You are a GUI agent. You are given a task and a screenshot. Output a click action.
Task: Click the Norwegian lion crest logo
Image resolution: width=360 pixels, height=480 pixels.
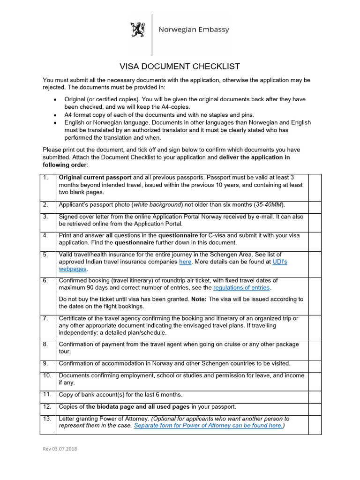[138, 30]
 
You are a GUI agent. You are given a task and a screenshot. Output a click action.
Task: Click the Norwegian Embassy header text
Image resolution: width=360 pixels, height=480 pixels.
[194, 30]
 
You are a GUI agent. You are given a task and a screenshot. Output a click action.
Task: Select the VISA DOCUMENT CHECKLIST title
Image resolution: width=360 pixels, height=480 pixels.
[180, 66]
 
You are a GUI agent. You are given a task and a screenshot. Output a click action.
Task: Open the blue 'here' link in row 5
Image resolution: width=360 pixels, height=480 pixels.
[185, 262]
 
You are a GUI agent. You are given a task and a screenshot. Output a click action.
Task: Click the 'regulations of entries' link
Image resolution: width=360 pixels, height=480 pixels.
[241, 287]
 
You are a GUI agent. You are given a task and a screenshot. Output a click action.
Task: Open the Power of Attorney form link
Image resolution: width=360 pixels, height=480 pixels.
[208, 426]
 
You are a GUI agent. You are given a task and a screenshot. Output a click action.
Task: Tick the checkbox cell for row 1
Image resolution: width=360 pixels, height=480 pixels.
[315, 187]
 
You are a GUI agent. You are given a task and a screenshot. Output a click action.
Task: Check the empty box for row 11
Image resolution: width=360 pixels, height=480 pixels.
[315, 397]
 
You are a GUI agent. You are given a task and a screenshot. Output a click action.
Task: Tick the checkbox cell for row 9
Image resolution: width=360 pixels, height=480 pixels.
[315, 366]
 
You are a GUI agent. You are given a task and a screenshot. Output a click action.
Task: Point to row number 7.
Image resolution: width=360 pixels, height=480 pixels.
[45, 318]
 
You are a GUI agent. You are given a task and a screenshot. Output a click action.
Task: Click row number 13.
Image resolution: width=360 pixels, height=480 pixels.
[47, 419]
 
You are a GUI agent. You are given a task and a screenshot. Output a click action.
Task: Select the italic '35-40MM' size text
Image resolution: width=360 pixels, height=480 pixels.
[269, 205]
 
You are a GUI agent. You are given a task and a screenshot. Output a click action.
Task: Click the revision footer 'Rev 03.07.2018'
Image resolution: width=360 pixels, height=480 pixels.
[60, 449]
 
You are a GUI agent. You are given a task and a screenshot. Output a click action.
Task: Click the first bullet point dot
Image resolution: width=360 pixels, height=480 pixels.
[55, 99]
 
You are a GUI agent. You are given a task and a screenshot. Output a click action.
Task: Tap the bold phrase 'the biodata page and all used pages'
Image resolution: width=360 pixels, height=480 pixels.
[138, 406]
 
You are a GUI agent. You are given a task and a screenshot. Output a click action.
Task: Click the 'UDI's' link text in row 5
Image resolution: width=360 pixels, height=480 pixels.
[279, 262]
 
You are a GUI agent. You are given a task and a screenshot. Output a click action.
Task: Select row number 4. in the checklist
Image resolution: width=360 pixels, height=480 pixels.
[45, 235]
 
